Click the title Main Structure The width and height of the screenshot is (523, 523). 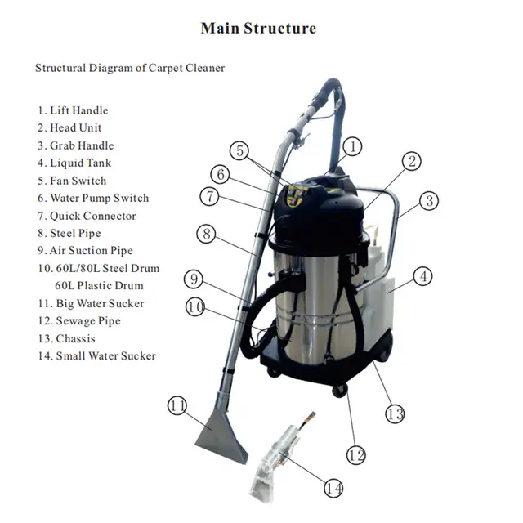click(x=258, y=29)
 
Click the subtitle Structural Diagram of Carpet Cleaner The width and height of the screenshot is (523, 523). click(x=129, y=68)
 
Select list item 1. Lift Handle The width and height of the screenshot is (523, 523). click(x=73, y=110)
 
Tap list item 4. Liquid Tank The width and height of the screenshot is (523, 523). click(x=74, y=163)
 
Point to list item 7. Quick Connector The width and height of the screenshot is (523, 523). click(x=87, y=216)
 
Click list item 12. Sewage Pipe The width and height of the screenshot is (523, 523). click(x=78, y=321)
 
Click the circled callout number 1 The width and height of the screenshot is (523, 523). click(x=351, y=147)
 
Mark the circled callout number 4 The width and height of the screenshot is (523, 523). click(x=422, y=277)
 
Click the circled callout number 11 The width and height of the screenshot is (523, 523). click(x=179, y=405)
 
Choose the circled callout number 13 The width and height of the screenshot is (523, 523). click(x=395, y=414)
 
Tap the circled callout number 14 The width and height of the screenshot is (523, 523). click(x=333, y=488)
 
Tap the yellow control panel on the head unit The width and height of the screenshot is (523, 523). click(x=296, y=194)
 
